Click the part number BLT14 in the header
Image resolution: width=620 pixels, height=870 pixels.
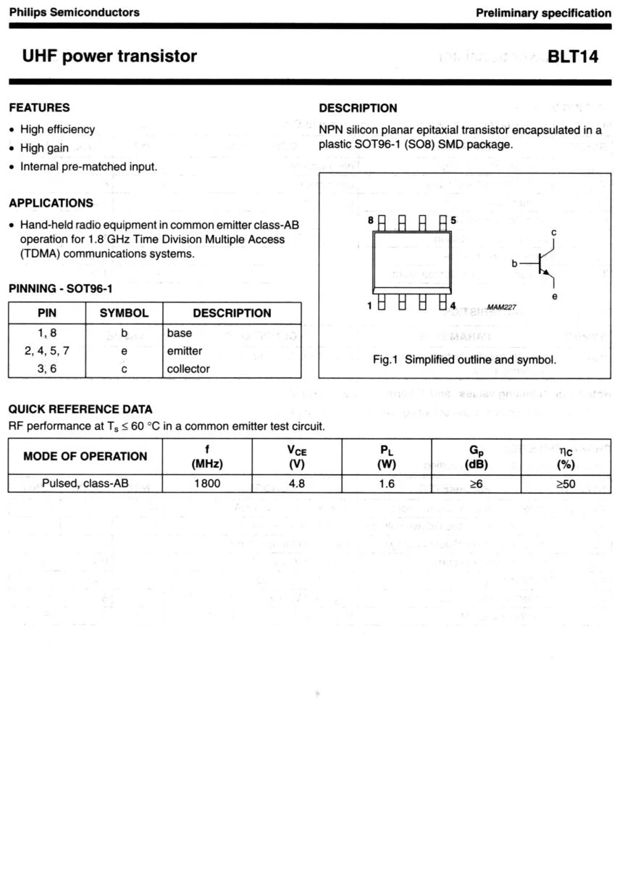coord(573,57)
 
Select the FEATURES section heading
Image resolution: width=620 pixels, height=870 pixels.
coord(40,108)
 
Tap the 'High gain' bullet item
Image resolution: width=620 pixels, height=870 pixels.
coord(44,148)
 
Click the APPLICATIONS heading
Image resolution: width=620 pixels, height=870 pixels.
coord(51,203)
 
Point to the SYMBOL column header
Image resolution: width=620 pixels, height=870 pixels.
coord(124,313)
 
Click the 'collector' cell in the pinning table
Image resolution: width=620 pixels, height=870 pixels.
coord(188,369)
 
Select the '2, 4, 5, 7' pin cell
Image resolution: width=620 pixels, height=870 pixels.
coord(47,351)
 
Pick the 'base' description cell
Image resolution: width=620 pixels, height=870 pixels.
coord(179,333)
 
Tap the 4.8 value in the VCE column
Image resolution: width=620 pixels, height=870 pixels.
coord(297,484)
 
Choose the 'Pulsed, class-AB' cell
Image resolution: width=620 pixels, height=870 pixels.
coord(85,484)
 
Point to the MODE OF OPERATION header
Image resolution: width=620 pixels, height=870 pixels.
coord(85,456)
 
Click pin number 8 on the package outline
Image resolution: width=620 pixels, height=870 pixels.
coord(370,220)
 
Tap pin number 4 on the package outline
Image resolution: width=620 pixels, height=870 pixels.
coord(452,305)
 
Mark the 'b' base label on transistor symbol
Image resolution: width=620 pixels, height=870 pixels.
coord(514,264)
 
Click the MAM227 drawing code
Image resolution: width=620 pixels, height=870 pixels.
coord(501,307)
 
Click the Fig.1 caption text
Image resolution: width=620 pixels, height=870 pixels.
coord(464,360)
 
